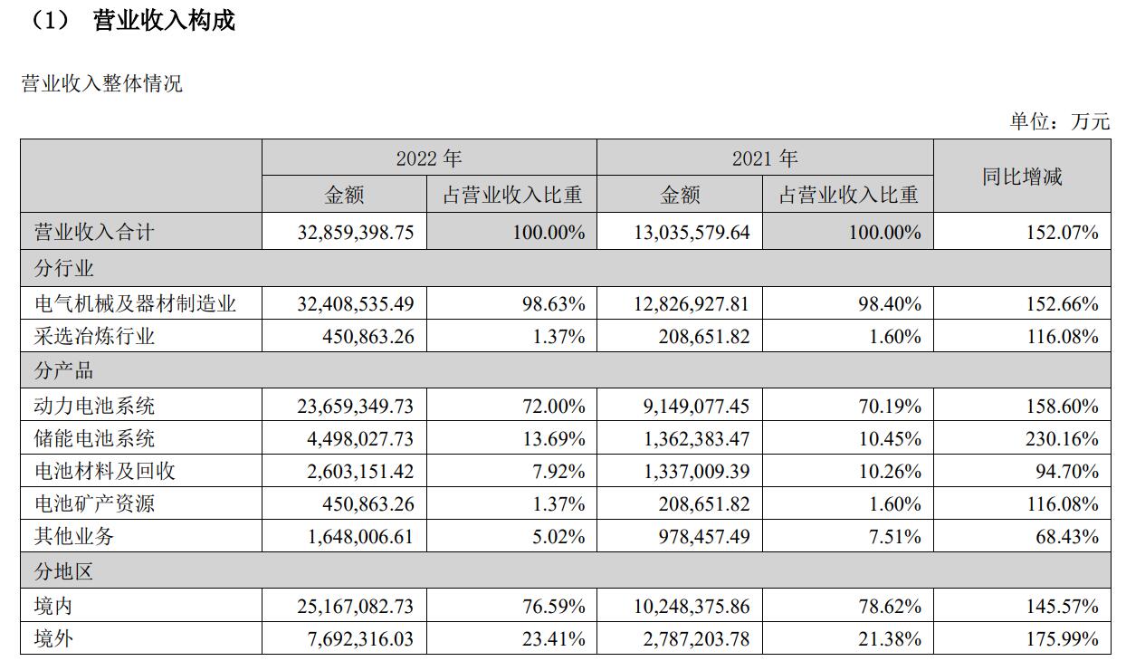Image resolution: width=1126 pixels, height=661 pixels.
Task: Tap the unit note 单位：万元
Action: [x=1059, y=121]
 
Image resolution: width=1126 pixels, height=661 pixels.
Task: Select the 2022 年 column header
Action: [x=428, y=158]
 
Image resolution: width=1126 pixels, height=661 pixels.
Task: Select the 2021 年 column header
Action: [x=765, y=158]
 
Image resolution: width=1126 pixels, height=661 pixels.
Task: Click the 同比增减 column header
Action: [x=1022, y=177]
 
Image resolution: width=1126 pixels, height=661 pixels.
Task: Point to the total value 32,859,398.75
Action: [x=355, y=233]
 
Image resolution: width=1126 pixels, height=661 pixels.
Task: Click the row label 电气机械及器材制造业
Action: [x=135, y=303]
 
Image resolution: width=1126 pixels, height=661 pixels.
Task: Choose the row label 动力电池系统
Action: [x=94, y=406]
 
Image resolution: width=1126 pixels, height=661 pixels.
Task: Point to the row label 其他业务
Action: [x=74, y=537]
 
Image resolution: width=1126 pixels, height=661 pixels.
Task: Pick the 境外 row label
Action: [x=53, y=639]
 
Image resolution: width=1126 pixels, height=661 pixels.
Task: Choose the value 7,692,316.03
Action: [x=360, y=639]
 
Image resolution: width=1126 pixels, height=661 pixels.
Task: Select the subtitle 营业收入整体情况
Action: [x=101, y=84]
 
